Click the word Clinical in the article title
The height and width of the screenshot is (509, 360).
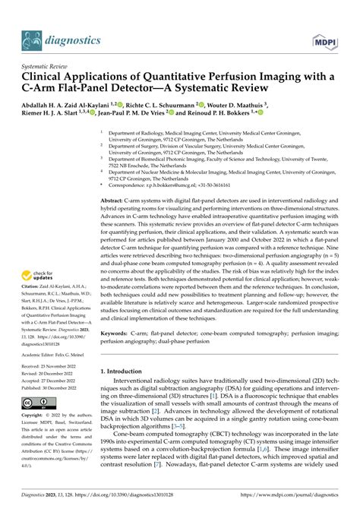coord(47,77)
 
